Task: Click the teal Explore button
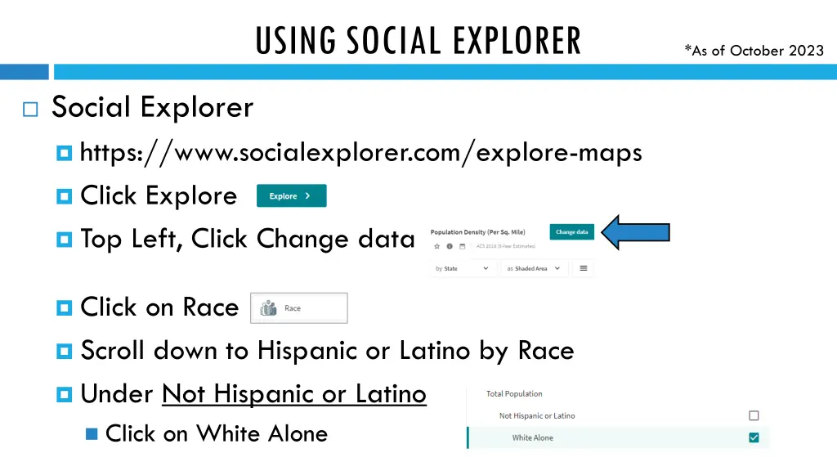coord(291,196)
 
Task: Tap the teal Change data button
coord(571,232)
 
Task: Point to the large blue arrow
coord(635,233)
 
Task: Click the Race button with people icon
coord(298,308)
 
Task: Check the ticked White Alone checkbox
coord(754,437)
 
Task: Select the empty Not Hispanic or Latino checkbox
coord(754,415)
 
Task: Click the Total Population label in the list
coord(514,394)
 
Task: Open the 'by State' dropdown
coord(463,268)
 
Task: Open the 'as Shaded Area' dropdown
coord(534,268)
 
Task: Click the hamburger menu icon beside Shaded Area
coord(584,268)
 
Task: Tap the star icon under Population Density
coord(436,246)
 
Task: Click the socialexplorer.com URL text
coord(360,153)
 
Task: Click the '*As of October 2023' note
coord(754,51)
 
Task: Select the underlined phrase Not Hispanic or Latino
coord(294,394)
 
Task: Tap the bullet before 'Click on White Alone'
coord(91,434)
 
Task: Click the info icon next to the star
coord(450,246)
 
